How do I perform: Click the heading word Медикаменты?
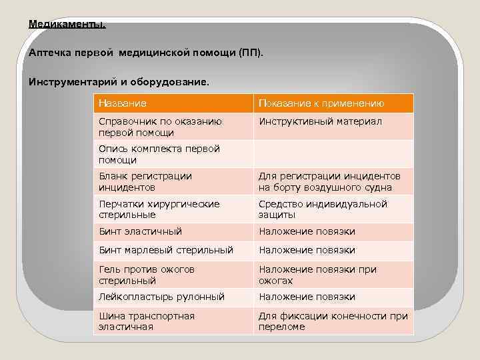[67, 24]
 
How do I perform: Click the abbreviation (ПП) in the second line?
[249, 52]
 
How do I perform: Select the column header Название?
[123, 103]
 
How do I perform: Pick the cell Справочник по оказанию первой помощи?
[160, 127]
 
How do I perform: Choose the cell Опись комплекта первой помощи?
[159, 154]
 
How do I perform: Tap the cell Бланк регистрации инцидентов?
[145, 181]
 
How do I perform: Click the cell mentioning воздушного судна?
[329, 181]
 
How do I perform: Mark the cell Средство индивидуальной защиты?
[323, 209]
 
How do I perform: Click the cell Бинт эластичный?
[140, 231]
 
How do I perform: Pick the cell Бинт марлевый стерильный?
[166, 250]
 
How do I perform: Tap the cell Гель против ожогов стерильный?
[147, 275]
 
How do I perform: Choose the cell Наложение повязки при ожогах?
[317, 275]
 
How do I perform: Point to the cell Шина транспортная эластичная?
[147, 321]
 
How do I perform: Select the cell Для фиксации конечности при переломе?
[333, 321]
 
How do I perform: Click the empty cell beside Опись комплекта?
[333, 154]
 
